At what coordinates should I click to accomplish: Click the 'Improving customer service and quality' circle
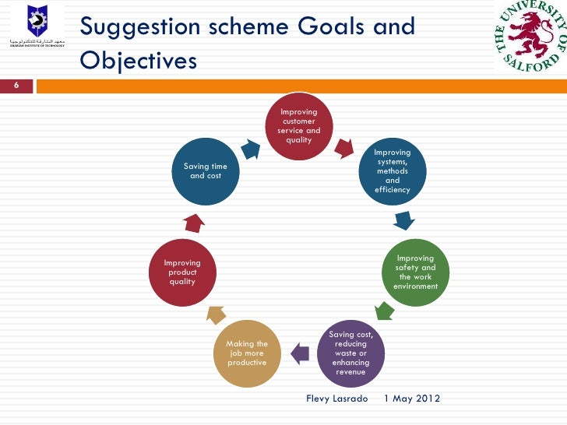pyautogui.click(x=298, y=126)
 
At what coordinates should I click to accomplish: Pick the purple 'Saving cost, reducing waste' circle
pyautogui.click(x=350, y=353)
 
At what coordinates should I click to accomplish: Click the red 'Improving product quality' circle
pyautogui.click(x=182, y=272)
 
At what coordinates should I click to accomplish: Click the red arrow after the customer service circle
pyautogui.click(x=343, y=146)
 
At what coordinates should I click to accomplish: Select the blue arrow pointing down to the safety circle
pyautogui.click(x=402, y=221)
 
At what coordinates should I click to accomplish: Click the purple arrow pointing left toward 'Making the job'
pyautogui.click(x=298, y=355)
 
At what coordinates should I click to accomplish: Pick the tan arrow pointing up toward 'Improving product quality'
pyautogui.click(x=213, y=314)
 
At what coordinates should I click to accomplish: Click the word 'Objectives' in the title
pyautogui.click(x=138, y=60)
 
